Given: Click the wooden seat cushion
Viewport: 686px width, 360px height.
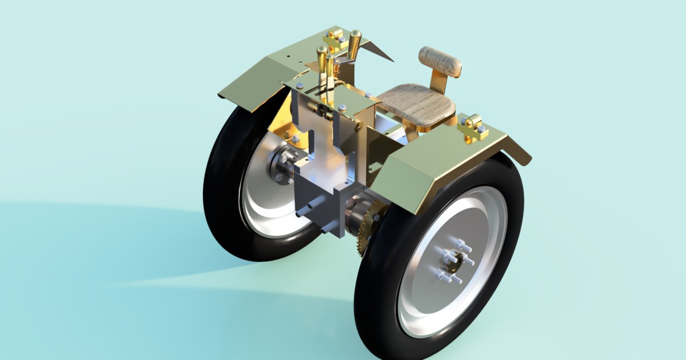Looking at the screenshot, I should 416,103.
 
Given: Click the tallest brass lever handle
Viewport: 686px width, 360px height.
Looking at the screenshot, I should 354,43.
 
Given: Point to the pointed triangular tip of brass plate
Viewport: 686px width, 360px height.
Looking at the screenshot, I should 389,59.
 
